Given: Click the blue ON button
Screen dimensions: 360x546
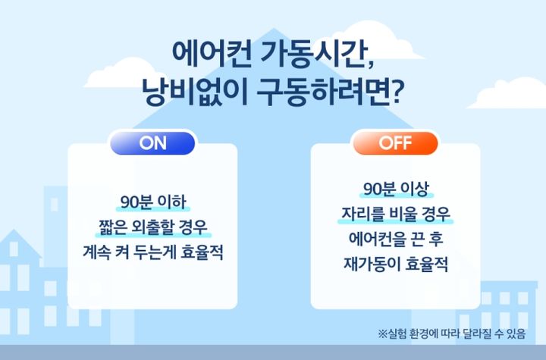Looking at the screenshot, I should click(x=152, y=142).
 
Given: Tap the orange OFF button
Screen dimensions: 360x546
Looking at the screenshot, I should click(x=395, y=142).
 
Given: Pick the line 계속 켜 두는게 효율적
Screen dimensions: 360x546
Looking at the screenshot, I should click(x=153, y=252).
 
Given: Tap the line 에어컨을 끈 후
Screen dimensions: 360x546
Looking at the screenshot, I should click(x=395, y=239).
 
